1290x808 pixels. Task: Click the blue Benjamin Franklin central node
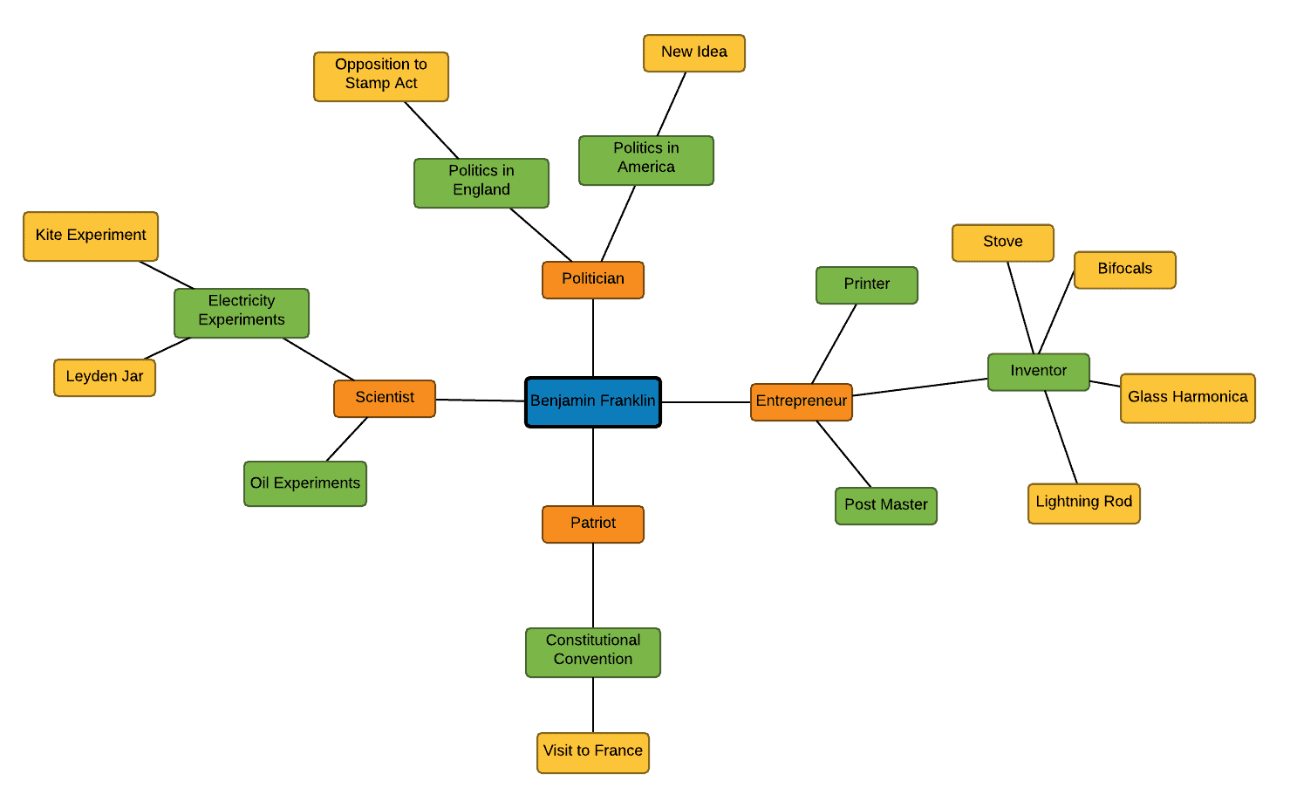[592, 402]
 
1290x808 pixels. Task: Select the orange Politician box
[592, 279]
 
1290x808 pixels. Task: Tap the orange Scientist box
[384, 398]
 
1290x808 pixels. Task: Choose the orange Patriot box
[592, 524]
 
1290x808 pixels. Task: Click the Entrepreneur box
[801, 401]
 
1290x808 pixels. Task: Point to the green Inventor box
[1038, 372]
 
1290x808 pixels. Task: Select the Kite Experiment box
[91, 236]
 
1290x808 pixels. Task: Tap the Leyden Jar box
[105, 378]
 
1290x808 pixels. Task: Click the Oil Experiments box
[304, 483]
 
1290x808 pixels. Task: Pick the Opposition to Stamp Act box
[380, 77]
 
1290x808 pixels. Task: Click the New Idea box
[694, 53]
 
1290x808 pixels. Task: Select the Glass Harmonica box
[1187, 398]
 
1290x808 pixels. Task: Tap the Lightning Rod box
[1084, 503]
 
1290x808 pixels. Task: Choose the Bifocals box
[1125, 270]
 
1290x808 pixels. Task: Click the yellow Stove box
[1003, 243]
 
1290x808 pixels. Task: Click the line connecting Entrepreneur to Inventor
[920, 387]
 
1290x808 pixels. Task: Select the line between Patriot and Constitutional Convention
[593, 585]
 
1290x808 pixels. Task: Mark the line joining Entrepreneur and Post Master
[843, 454]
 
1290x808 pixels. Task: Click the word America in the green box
[645, 168]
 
